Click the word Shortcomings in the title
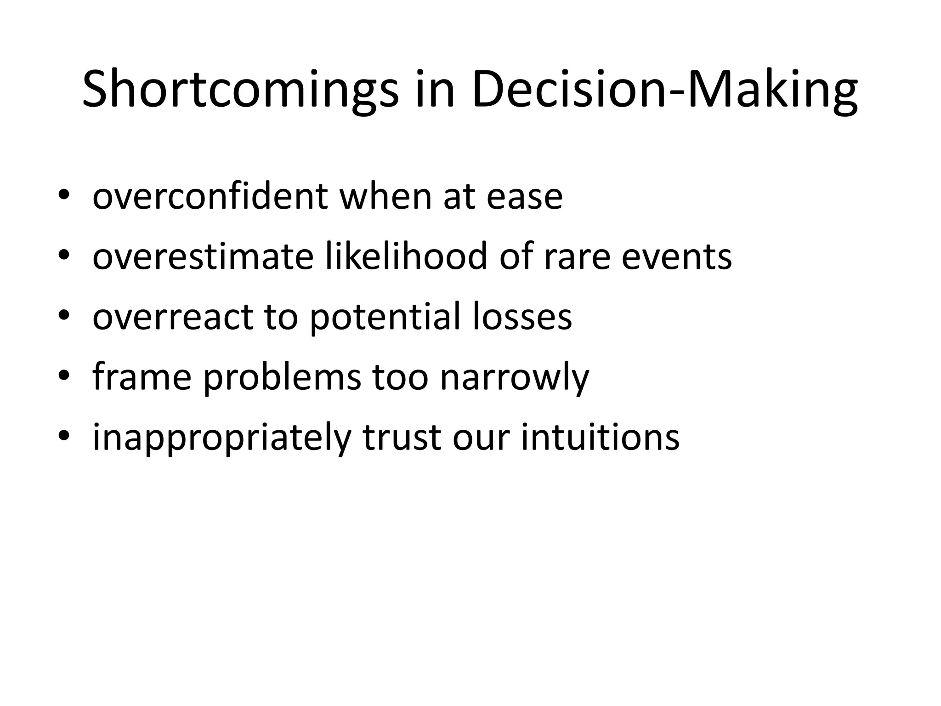[x=240, y=90]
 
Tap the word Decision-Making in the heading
[x=664, y=90]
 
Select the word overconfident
[x=210, y=197]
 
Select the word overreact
[x=173, y=317]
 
